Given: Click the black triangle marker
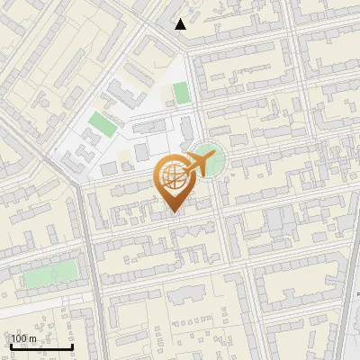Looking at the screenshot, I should click(x=181, y=24).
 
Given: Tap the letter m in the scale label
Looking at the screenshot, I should click(x=33, y=338).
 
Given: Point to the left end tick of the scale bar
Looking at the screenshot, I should click(x=11, y=346).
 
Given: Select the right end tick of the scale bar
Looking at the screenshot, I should click(x=72, y=346).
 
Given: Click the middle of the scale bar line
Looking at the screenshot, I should click(x=41, y=347).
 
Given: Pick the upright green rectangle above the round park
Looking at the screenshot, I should click(x=181, y=93).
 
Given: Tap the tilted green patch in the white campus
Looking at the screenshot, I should click(x=103, y=123).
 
